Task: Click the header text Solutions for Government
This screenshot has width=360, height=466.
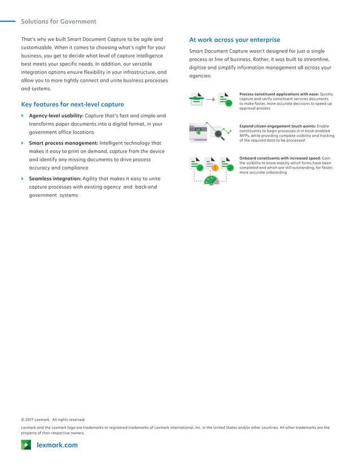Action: [59, 22]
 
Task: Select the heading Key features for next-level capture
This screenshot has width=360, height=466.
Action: [72, 104]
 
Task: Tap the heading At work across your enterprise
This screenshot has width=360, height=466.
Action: [234, 40]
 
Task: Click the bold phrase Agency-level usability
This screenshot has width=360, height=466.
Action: [56, 116]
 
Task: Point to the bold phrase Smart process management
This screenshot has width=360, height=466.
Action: [63, 143]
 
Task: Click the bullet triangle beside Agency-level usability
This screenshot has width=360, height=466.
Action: [23, 116]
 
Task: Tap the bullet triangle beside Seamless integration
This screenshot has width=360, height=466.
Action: [23, 179]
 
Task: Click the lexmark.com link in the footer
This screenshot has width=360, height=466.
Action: [57, 445]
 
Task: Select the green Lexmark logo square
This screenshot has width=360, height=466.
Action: [26, 445]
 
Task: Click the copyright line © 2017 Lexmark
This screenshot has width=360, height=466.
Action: [53, 420]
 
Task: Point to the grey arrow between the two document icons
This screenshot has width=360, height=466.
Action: [210, 99]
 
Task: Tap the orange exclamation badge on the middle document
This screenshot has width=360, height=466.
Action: [215, 168]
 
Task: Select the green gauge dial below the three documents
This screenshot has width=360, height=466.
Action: [210, 181]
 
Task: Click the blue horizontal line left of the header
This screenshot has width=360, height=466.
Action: [7, 22]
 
